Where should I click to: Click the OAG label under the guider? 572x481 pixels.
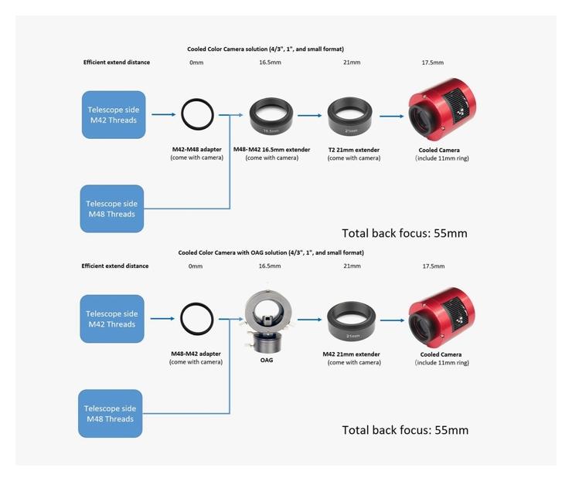click(x=266, y=360)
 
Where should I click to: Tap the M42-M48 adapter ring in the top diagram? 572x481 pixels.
click(x=197, y=115)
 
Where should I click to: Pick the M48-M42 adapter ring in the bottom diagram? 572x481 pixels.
click(x=196, y=319)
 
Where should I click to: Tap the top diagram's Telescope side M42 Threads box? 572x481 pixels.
click(x=113, y=115)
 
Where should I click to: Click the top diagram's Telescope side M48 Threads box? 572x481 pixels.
click(x=111, y=208)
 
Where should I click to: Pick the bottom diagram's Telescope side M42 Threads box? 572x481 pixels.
click(x=111, y=319)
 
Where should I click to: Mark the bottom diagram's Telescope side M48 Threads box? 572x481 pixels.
click(x=111, y=413)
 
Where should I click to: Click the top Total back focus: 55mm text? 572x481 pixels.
click(x=404, y=232)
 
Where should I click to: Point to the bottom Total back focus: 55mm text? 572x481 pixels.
click(x=405, y=430)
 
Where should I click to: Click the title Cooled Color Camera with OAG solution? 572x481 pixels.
click(x=271, y=252)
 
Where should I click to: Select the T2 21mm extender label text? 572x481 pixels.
click(x=353, y=150)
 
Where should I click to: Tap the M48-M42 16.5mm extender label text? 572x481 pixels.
click(x=271, y=150)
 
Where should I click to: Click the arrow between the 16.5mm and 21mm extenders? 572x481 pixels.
click(x=309, y=116)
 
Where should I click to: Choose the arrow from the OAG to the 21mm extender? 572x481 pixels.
click(x=309, y=319)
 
